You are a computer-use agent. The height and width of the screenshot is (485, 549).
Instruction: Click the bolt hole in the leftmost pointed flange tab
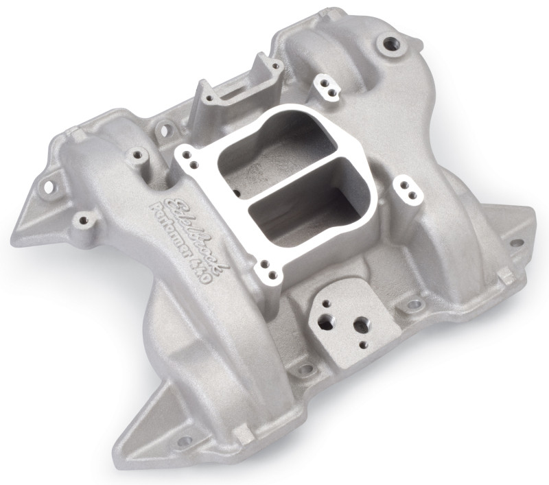(51, 186)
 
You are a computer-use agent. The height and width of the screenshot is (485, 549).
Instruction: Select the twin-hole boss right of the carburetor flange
(404, 185)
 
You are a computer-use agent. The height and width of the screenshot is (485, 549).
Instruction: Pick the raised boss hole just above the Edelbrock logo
(137, 155)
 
